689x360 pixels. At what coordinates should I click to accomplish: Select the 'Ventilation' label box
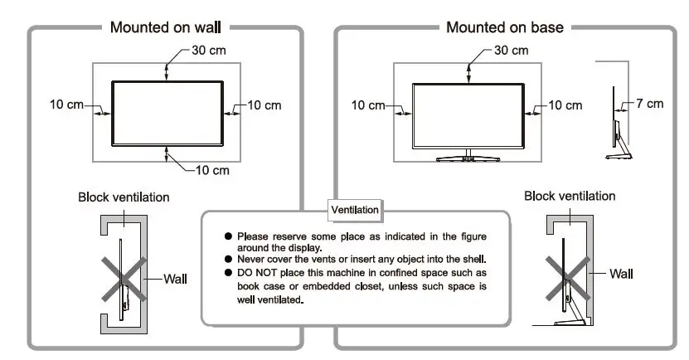click(355, 210)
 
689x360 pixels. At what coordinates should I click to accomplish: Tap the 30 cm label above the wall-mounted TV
click(209, 50)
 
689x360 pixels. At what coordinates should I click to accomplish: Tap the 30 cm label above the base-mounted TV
click(511, 50)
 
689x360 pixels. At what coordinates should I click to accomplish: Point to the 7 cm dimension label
click(650, 104)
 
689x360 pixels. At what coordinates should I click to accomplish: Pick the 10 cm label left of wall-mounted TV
click(66, 105)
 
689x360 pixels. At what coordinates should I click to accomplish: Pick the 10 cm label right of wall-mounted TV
click(264, 105)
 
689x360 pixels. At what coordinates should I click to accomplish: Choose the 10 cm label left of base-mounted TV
click(368, 105)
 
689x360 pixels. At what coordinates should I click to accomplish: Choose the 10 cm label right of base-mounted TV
click(565, 105)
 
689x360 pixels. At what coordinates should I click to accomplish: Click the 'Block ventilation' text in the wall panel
click(124, 197)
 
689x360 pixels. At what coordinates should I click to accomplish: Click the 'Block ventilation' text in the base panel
click(570, 196)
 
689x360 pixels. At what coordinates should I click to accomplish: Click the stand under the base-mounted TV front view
click(468, 154)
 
